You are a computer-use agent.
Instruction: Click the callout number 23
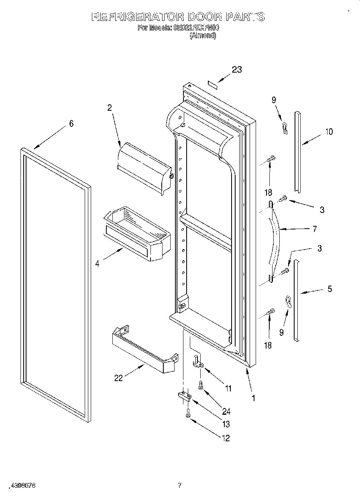click(x=237, y=69)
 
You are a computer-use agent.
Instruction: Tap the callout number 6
click(x=71, y=124)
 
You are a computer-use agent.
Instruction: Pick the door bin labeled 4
click(x=137, y=235)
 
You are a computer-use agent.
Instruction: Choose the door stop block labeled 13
click(x=185, y=397)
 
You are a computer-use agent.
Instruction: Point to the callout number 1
click(x=253, y=398)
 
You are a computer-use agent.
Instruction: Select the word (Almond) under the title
click(x=203, y=35)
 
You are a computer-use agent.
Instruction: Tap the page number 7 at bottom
click(x=180, y=485)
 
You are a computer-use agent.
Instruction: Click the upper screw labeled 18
click(x=272, y=158)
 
